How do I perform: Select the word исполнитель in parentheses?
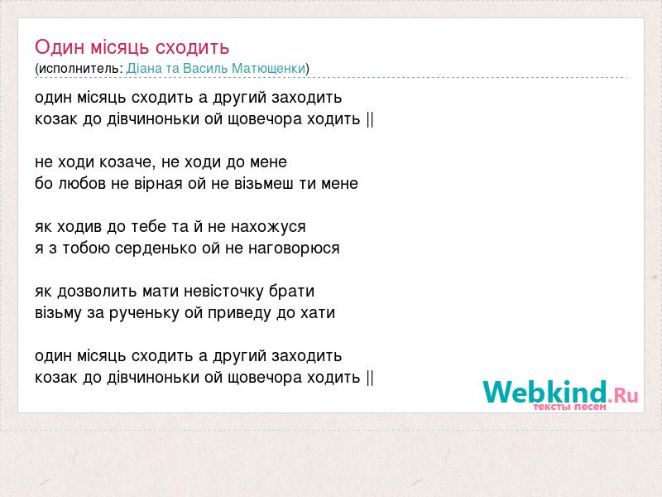[x=79, y=69]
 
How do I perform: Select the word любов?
[x=81, y=183]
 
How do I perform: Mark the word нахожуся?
[x=268, y=227]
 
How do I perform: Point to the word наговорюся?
[x=294, y=248]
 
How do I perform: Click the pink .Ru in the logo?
[x=623, y=395]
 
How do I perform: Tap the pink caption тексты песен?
[x=569, y=407]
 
